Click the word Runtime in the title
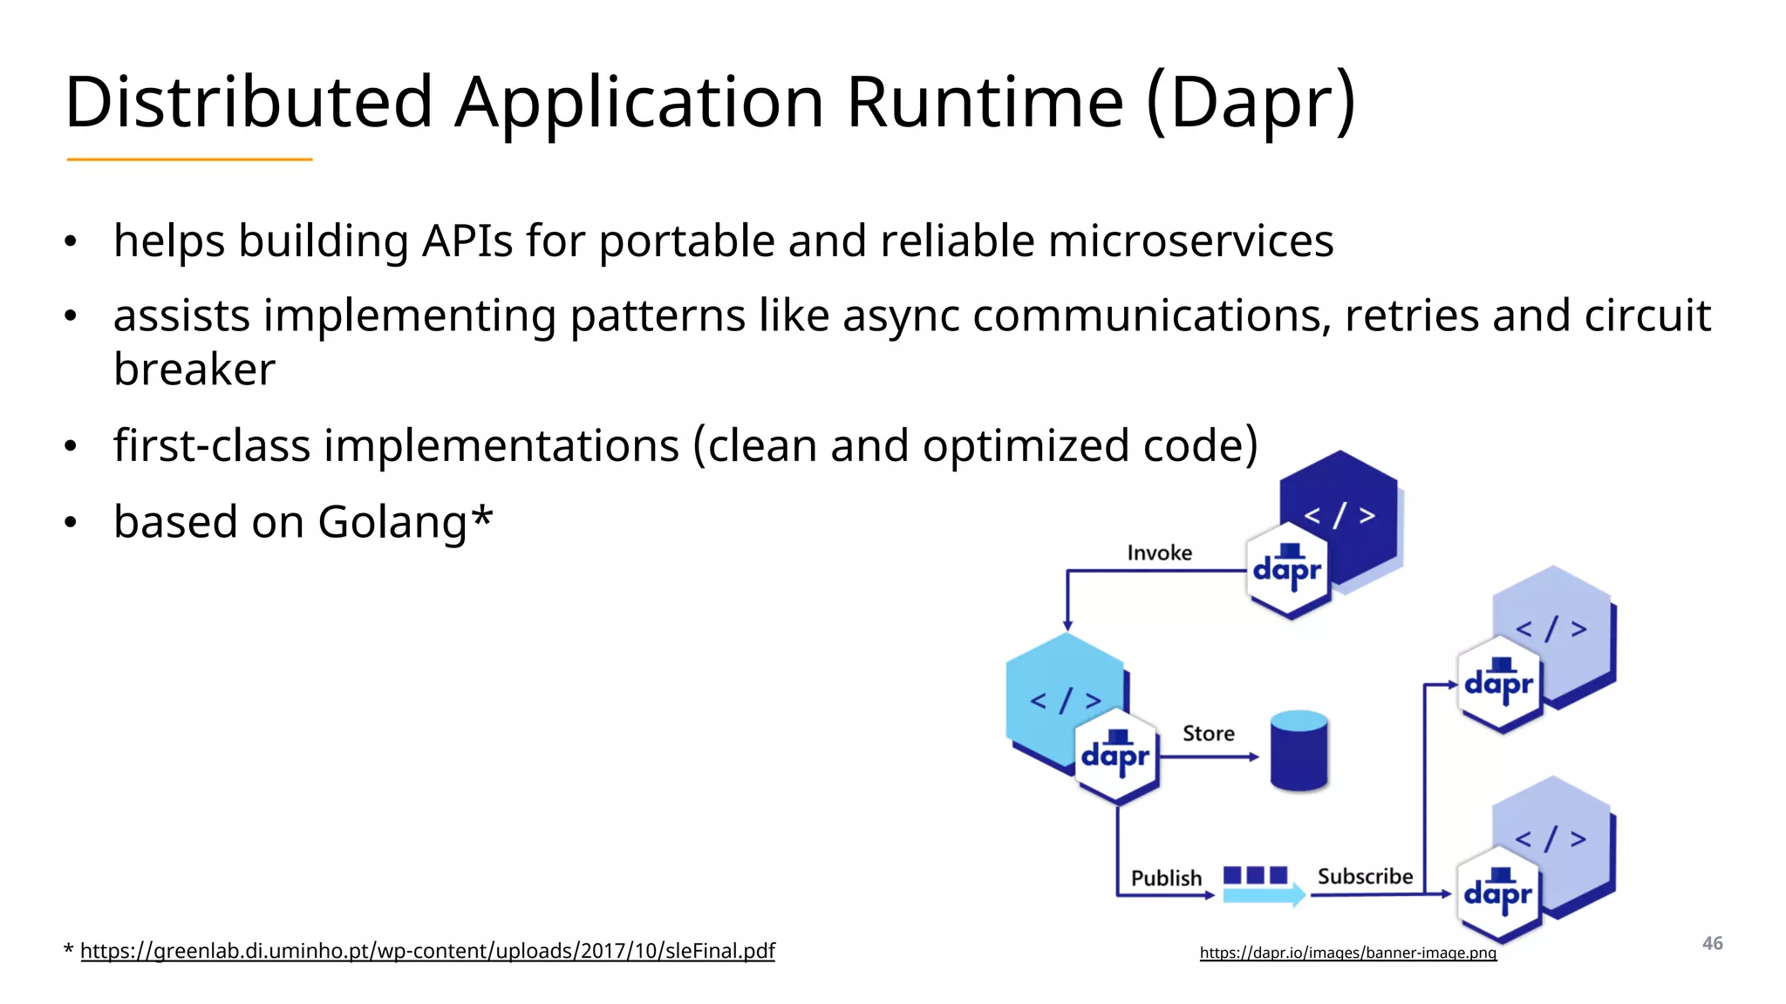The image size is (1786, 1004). coord(985,102)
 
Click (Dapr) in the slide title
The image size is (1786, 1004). coord(1251,102)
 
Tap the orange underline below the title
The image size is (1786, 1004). coord(189,159)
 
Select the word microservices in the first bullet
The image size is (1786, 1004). coord(1190,241)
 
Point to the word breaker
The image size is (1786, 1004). coord(194,370)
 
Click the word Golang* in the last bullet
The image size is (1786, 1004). coord(405,522)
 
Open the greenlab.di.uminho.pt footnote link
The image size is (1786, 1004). coord(427,951)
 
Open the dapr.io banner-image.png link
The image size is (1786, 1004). coord(1347,953)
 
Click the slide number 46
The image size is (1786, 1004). coord(1712,943)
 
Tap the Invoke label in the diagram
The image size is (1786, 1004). coord(1159,553)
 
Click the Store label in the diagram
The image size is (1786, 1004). coord(1208,733)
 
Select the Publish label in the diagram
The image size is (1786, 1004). coord(1166,878)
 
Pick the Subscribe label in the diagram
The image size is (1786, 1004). coord(1365,876)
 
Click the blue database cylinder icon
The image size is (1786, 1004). coord(1299,750)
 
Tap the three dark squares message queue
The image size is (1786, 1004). coord(1255,874)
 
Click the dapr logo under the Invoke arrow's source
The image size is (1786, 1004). coord(1287,570)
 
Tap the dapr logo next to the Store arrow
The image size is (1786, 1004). coord(1115,756)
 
